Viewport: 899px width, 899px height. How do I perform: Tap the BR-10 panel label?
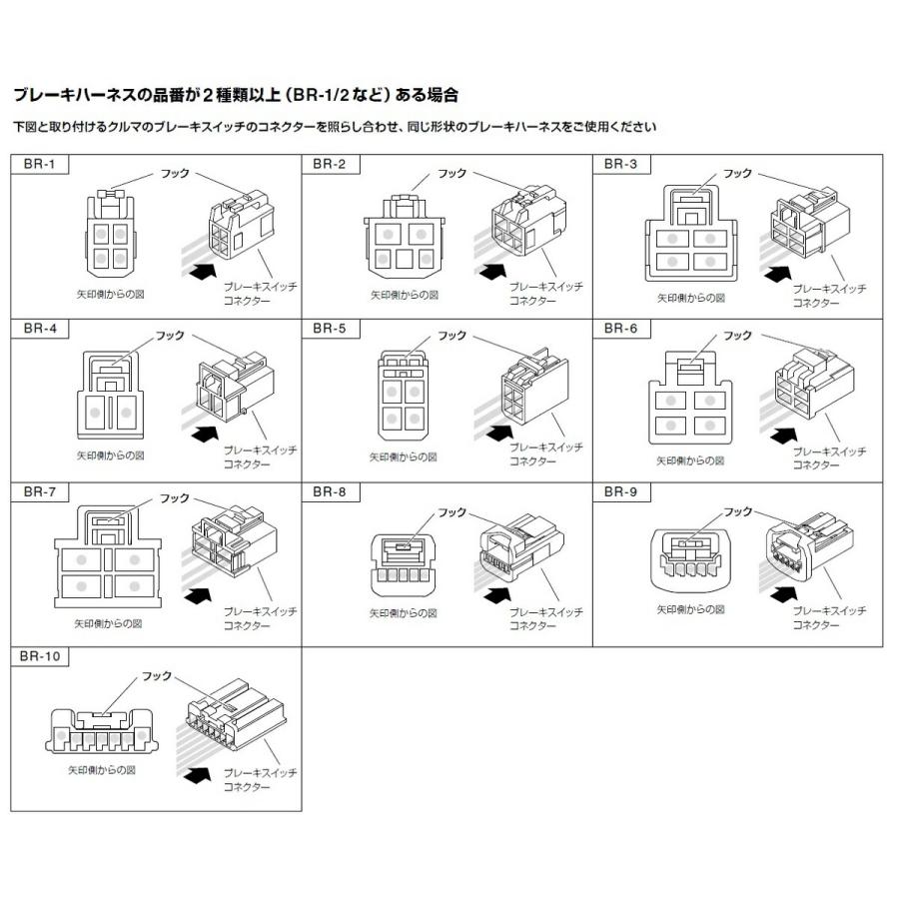(x=38, y=657)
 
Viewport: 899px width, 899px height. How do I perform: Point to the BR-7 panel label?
(x=33, y=491)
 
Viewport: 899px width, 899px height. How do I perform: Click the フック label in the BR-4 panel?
(x=171, y=336)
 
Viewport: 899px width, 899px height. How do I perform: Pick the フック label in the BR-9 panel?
(x=737, y=511)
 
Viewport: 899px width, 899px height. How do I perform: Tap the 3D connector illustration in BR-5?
(x=534, y=391)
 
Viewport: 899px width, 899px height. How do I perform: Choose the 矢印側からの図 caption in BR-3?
(x=690, y=298)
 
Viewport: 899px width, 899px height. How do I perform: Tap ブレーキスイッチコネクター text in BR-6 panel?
(x=828, y=458)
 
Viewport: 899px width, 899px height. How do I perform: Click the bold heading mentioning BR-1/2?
(x=236, y=96)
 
